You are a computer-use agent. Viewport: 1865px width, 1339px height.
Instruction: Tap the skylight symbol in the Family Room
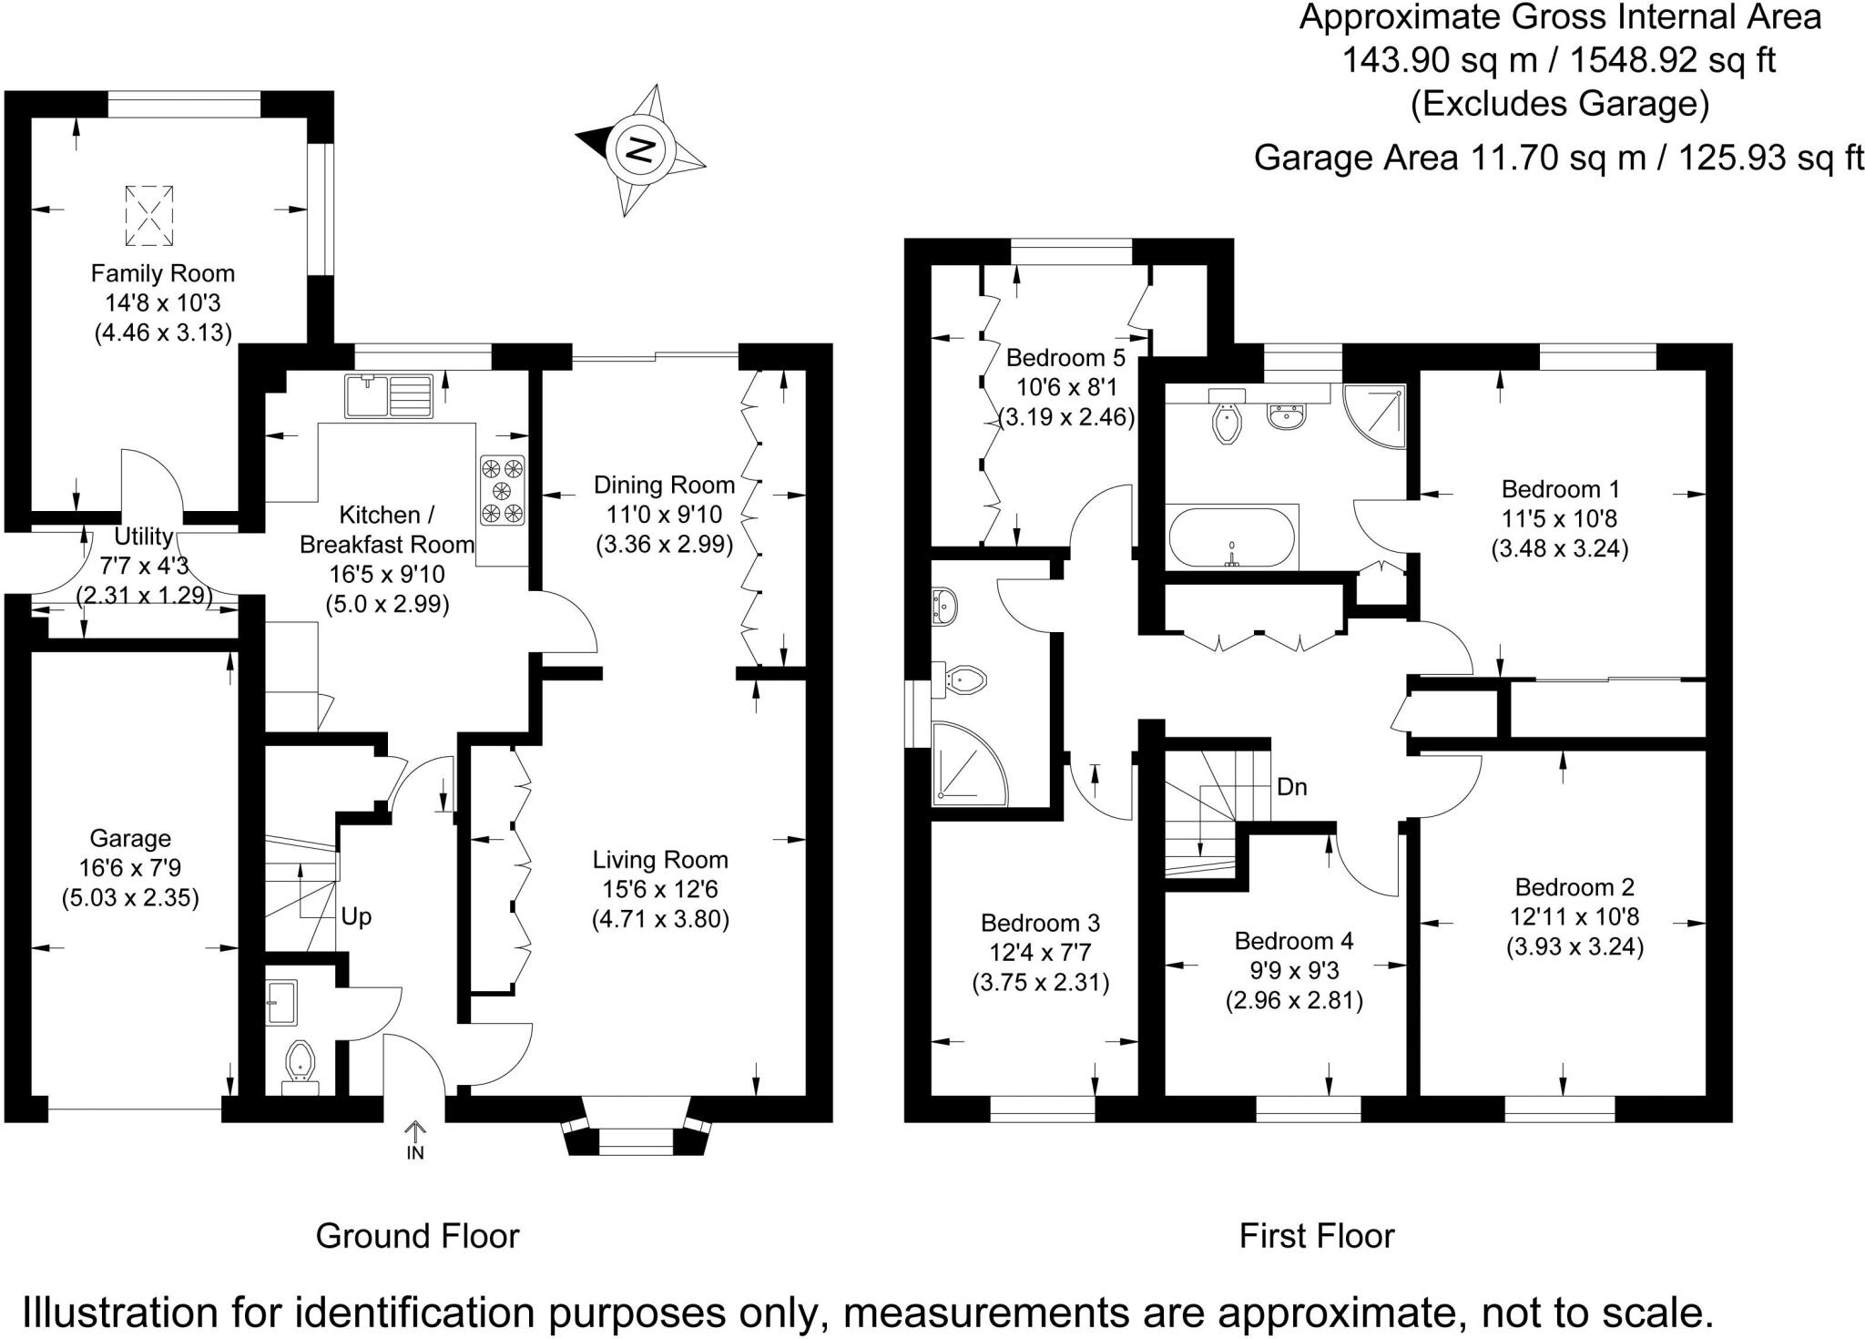click(x=148, y=215)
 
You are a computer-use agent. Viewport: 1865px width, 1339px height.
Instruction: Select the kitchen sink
click(x=389, y=396)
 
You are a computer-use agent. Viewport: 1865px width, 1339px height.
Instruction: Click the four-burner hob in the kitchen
click(x=503, y=490)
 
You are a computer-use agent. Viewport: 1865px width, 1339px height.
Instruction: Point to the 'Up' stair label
click(x=356, y=916)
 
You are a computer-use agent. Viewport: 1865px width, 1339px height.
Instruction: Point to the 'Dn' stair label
click(x=1292, y=787)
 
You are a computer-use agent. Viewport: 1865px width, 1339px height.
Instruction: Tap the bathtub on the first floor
click(x=1230, y=537)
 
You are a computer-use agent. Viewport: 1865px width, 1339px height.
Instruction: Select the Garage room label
click(x=130, y=838)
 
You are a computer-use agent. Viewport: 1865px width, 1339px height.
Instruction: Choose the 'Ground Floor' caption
click(x=417, y=1236)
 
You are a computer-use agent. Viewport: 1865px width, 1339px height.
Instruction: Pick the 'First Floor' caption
click(x=1317, y=1236)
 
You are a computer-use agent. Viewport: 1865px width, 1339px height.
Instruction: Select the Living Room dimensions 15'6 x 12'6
click(x=660, y=889)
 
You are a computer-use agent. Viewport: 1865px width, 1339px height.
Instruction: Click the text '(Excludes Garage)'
click(x=1560, y=104)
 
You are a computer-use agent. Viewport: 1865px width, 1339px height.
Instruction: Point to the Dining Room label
click(x=664, y=485)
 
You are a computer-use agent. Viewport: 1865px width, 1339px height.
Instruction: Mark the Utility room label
click(x=143, y=537)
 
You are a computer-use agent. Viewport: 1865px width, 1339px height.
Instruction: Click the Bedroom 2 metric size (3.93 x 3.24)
click(x=1575, y=946)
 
